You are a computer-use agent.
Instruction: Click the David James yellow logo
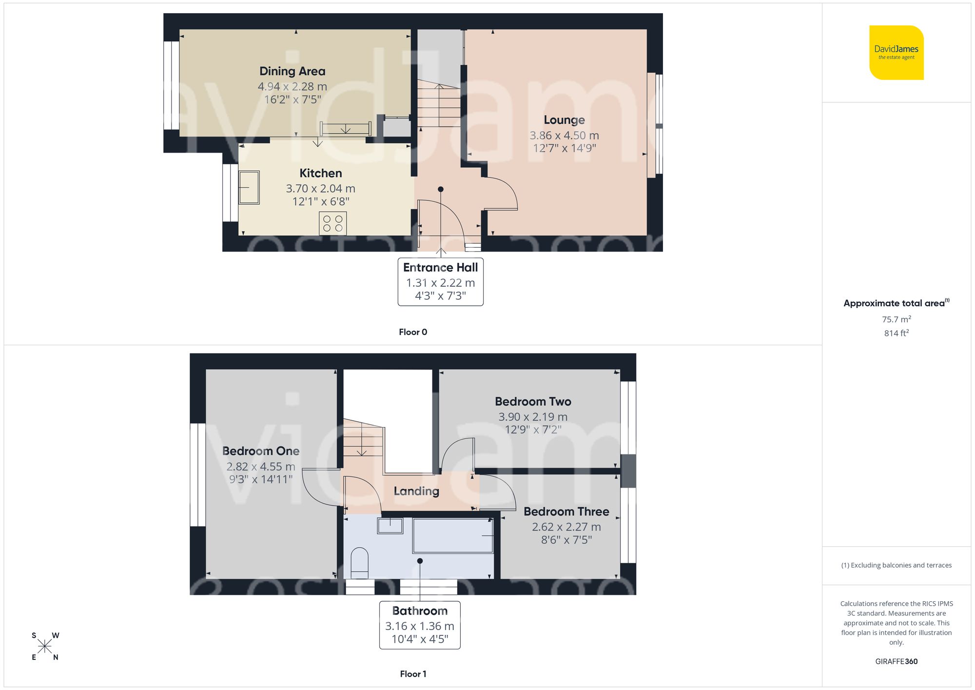click(x=896, y=53)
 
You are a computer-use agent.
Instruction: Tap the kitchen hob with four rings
click(x=333, y=223)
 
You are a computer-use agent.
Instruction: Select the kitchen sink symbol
click(x=249, y=187)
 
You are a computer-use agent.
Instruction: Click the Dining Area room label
click(x=292, y=71)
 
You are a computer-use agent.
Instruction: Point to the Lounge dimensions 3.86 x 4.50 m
click(x=564, y=136)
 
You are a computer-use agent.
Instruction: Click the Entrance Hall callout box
click(x=440, y=282)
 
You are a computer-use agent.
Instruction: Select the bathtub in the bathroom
click(x=453, y=535)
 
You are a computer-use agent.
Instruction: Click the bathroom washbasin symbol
click(x=390, y=526)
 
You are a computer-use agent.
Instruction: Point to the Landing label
click(x=416, y=491)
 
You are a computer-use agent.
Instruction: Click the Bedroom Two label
click(x=533, y=401)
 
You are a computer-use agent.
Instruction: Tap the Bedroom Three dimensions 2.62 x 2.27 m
click(x=566, y=527)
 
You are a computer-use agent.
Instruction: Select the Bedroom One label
click(x=261, y=451)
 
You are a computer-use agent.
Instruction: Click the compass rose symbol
click(x=44, y=647)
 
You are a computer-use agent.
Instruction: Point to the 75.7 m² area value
click(x=896, y=319)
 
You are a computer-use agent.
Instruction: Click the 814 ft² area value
click(x=896, y=333)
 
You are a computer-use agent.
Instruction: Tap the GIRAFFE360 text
click(x=896, y=661)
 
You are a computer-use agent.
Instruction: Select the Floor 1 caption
click(x=413, y=674)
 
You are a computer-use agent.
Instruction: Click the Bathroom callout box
click(x=420, y=625)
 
